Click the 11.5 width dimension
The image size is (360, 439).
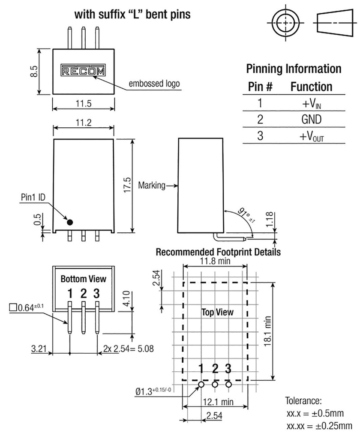[84, 104]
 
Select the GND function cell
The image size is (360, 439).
[311, 119]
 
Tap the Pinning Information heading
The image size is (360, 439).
[294, 69]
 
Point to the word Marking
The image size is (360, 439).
[152, 186]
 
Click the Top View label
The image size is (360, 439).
[218, 312]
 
